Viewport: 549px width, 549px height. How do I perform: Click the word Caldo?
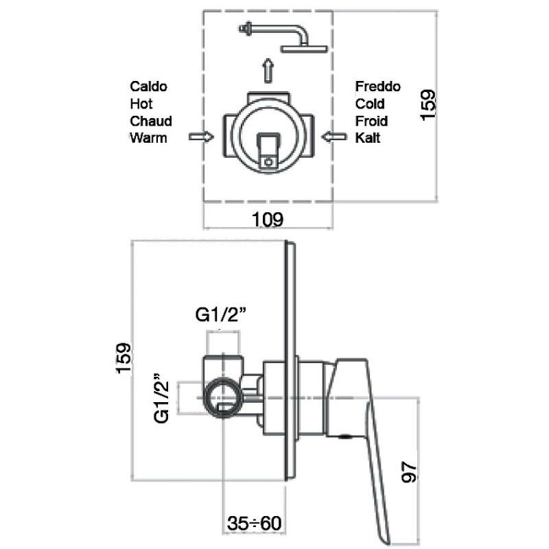pyautogui.click(x=148, y=86)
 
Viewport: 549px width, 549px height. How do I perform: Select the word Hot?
pyautogui.click(x=141, y=104)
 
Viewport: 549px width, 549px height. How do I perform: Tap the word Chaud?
pyautogui.click(x=151, y=121)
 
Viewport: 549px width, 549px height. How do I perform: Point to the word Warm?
pyautogui.click(x=148, y=138)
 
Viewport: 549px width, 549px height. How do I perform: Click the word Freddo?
pyautogui.click(x=378, y=86)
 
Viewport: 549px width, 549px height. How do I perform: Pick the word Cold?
pyautogui.click(x=370, y=104)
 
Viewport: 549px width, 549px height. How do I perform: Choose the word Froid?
pyautogui.click(x=371, y=121)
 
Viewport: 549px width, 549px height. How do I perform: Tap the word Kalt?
pyautogui.click(x=368, y=138)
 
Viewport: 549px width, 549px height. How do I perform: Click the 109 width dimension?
pyautogui.click(x=268, y=220)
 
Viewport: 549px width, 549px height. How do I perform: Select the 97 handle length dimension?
pyautogui.click(x=409, y=472)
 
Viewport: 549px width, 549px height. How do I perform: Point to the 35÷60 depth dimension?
pyautogui.click(x=254, y=523)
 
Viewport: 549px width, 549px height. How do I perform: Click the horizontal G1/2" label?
pyautogui.click(x=221, y=314)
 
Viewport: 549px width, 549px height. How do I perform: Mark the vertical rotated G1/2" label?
pyautogui.click(x=161, y=398)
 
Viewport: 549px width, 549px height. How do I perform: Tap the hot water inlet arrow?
pyautogui.click(x=201, y=137)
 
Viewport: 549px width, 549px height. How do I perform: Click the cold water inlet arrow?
pyautogui.click(x=334, y=137)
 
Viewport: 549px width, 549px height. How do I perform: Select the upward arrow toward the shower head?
pyautogui.click(x=268, y=71)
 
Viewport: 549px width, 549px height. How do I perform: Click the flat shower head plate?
pyautogui.click(x=304, y=49)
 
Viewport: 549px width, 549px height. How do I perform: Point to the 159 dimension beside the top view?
pyautogui.click(x=428, y=106)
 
